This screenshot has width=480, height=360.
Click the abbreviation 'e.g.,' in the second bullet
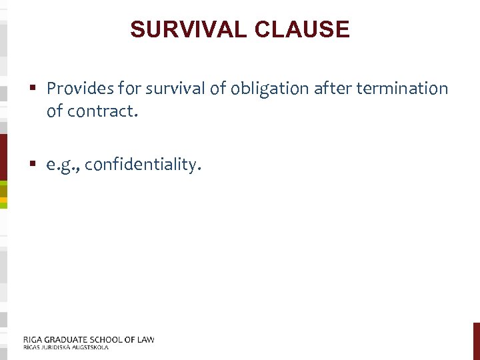[63, 165]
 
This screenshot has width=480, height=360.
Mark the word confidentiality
[143, 165]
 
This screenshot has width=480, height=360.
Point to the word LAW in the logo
[146, 339]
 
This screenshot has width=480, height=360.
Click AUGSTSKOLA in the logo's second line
[91, 347]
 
